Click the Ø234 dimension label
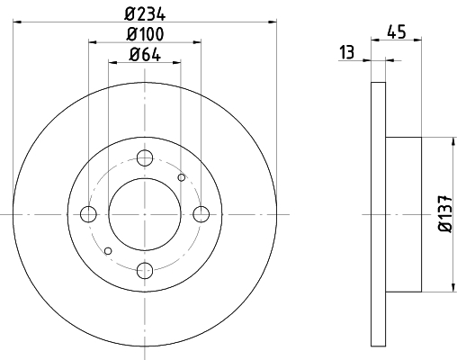pos(145,14)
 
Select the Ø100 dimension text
pos(145,34)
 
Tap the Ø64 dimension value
pos(145,55)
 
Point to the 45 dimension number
pos(397,31)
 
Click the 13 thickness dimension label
pos(347,52)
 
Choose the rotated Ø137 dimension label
pos(444,213)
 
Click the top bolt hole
pos(145,157)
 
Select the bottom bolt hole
pos(145,271)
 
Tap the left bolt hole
pos(88,214)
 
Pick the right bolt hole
pos(202,214)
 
